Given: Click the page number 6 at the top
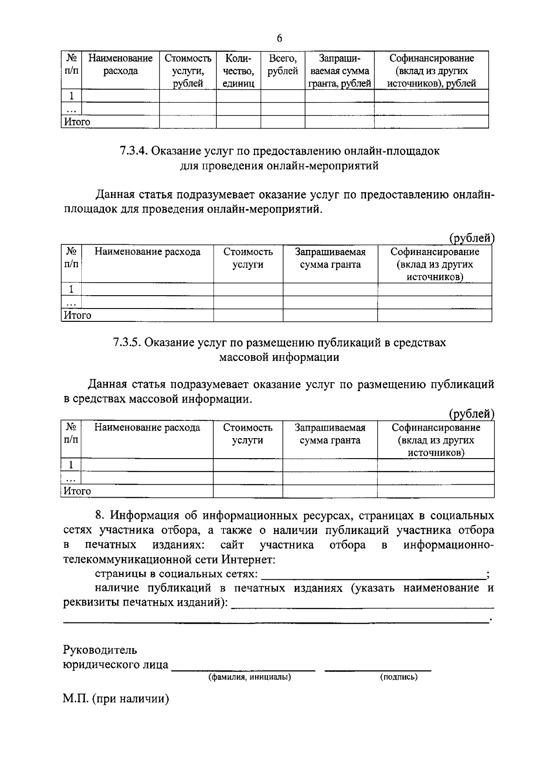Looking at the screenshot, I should click(x=279, y=39).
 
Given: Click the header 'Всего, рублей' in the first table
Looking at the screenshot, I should click(x=282, y=65).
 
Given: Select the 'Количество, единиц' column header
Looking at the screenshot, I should click(x=238, y=71).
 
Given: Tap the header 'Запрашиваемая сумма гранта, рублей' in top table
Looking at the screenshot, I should click(x=340, y=71).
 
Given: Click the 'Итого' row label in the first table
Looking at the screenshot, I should click(x=77, y=122).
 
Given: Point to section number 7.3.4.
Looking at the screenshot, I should click(x=133, y=151).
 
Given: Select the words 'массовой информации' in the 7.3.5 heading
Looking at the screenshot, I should click(x=279, y=357).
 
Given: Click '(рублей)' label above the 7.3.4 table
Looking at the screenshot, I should click(x=471, y=238).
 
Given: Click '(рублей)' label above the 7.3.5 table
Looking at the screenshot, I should click(x=471, y=414).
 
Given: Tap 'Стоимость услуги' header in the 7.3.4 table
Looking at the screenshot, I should click(x=248, y=258).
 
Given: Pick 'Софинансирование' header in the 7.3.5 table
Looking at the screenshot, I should click(x=436, y=427).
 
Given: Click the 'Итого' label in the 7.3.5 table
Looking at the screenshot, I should click(x=77, y=491).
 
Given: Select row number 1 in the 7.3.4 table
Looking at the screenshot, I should click(x=71, y=289).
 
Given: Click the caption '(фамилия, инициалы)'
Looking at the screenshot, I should click(x=250, y=677).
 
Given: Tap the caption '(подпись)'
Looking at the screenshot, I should click(x=398, y=677).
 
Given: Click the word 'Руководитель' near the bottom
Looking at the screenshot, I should click(x=100, y=650).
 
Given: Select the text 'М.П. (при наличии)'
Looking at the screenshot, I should click(x=116, y=700).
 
